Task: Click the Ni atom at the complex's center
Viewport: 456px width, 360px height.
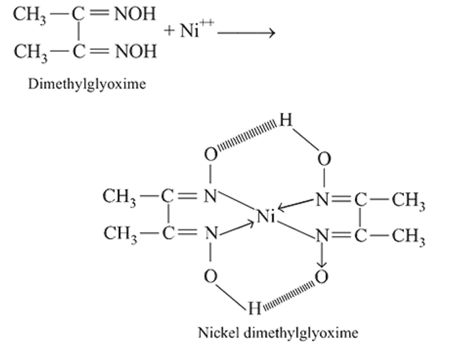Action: click(x=266, y=216)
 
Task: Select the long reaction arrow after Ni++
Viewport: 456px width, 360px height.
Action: click(x=246, y=33)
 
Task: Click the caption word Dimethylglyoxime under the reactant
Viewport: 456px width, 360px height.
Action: click(x=87, y=84)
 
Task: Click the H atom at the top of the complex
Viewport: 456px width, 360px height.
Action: click(x=285, y=120)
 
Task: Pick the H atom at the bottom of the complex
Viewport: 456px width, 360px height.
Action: click(x=255, y=308)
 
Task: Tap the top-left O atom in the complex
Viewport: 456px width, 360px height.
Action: click(x=210, y=154)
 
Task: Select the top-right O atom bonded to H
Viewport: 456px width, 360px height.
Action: click(x=324, y=159)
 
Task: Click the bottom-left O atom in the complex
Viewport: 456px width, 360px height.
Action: click(x=210, y=276)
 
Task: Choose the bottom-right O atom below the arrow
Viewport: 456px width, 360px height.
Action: click(x=322, y=276)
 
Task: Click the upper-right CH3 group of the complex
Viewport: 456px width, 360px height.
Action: click(x=408, y=201)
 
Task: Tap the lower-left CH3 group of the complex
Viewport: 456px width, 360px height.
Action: click(x=120, y=234)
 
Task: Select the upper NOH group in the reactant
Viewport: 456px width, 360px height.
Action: click(x=135, y=14)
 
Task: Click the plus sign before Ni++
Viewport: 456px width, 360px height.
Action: click(x=169, y=30)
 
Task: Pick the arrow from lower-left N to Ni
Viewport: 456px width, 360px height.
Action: click(x=236, y=228)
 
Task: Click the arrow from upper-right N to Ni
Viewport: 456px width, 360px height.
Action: click(x=295, y=204)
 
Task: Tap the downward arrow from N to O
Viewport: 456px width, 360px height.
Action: click(x=322, y=255)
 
